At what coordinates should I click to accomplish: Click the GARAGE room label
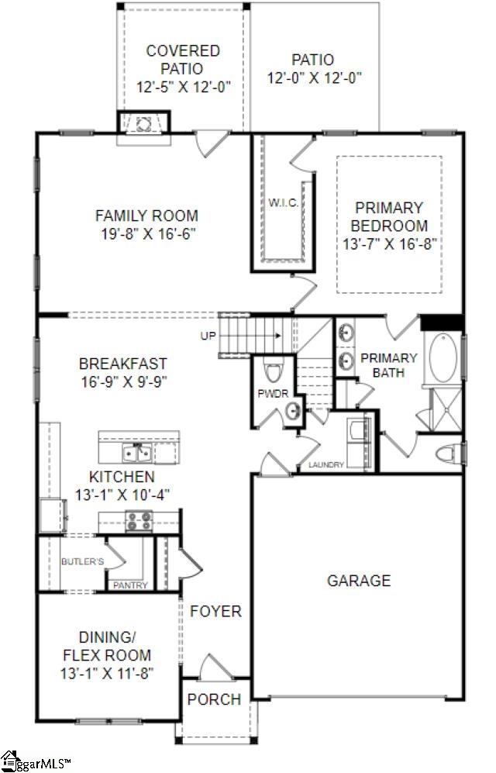[x=358, y=581]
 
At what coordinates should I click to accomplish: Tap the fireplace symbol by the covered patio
[x=143, y=122]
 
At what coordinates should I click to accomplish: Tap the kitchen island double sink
[x=137, y=450]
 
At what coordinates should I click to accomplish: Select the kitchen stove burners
[x=138, y=522]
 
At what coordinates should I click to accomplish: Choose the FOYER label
[x=215, y=612]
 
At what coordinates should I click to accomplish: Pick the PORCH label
[x=214, y=699]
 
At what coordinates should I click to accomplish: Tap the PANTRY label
[x=130, y=585]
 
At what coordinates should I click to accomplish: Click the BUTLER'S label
[x=82, y=561]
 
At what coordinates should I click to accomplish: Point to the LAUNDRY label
[x=325, y=465]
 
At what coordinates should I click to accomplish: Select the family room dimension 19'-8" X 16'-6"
[x=146, y=233]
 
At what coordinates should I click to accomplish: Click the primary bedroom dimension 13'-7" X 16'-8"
[x=390, y=243]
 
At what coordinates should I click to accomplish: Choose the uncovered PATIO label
[x=313, y=60]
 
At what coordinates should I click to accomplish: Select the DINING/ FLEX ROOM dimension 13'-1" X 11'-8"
[x=107, y=673]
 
